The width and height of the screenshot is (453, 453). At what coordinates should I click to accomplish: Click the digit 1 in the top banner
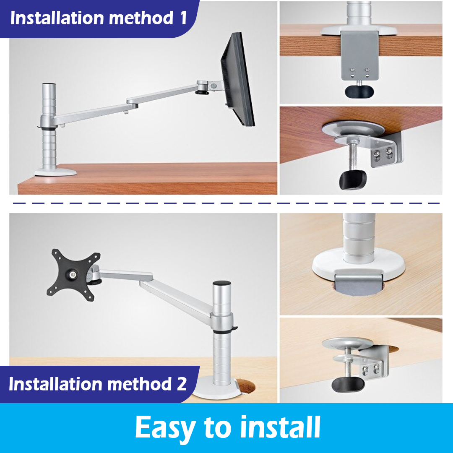pyautogui.click(x=183, y=18)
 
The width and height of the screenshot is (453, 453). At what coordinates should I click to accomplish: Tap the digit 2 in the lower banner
pyautogui.click(x=181, y=384)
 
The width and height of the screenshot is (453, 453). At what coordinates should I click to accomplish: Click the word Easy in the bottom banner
pyautogui.click(x=165, y=428)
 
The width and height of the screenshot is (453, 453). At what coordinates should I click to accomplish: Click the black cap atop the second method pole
pyautogui.click(x=221, y=284)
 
